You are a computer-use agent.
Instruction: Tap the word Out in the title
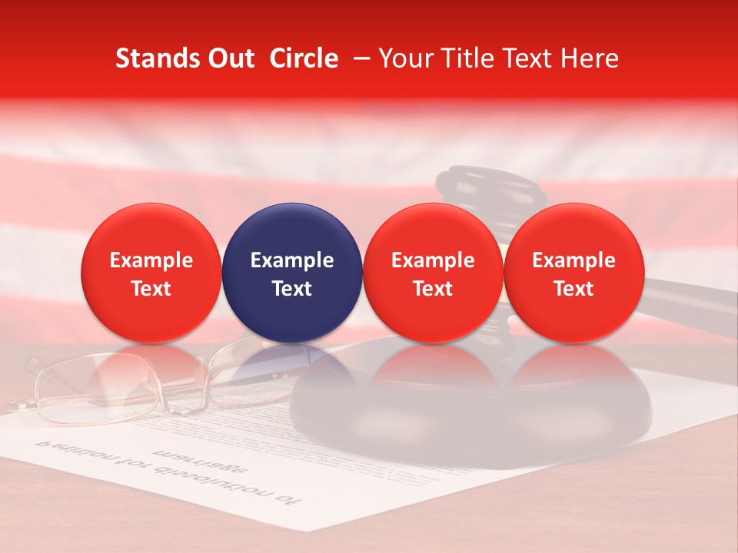(x=228, y=58)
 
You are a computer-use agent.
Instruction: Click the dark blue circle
(x=292, y=273)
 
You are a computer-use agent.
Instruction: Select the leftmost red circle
(x=151, y=273)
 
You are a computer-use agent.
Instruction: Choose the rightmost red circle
(x=573, y=273)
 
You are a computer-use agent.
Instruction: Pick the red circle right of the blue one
(x=433, y=273)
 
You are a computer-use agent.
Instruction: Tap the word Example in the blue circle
(x=292, y=260)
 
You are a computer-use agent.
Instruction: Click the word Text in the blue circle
(x=292, y=289)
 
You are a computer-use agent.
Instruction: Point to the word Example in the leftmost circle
(x=151, y=260)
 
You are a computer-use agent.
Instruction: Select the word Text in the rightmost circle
(x=573, y=289)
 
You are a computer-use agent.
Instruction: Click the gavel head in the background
(x=492, y=188)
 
